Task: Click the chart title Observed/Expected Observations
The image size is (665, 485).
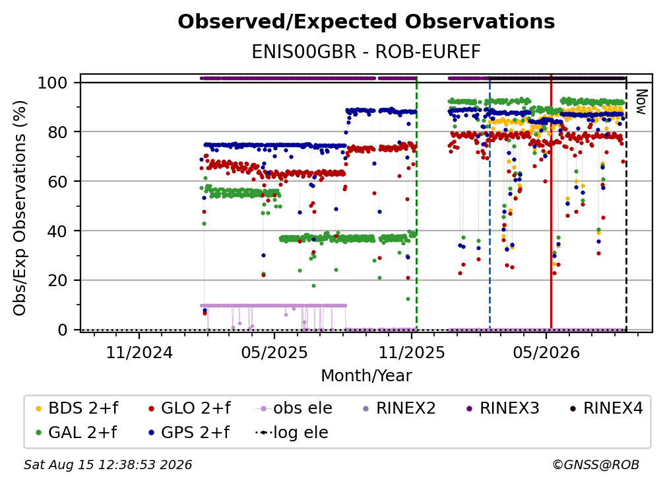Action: pos(366,22)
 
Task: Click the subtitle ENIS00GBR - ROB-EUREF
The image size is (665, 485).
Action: pos(366,52)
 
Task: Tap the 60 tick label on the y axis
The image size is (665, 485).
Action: pos(57,182)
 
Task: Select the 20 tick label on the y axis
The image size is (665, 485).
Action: pos(57,281)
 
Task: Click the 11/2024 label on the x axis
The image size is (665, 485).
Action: pos(139,352)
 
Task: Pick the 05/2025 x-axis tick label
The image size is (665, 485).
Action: pos(274,352)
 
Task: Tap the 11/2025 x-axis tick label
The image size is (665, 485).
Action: pos(412,352)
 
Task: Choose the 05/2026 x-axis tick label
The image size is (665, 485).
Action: pos(546,352)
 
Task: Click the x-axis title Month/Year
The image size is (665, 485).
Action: pos(366,376)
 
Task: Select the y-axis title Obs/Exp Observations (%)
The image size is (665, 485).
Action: pos(20,208)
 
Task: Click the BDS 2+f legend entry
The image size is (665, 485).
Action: pos(77,408)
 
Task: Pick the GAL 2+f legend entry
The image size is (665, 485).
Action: pos(77,433)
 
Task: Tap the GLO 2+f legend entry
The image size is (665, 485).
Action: pos(189,408)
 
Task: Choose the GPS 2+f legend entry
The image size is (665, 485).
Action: pos(189,433)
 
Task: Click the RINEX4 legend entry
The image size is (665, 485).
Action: pos(606,408)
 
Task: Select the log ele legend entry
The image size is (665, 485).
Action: pos(292,433)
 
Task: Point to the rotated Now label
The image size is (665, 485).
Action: pos(641,102)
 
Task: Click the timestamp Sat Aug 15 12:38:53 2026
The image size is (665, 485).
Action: pos(108,465)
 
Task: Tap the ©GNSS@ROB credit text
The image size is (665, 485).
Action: pos(596,465)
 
